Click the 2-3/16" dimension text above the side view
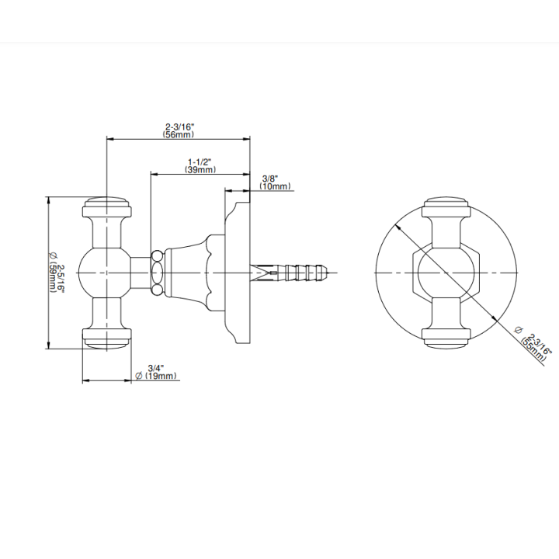pyautogui.click(x=179, y=127)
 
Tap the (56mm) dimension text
pyautogui.click(x=179, y=134)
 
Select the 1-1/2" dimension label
pyautogui.click(x=200, y=162)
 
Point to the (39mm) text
pyautogui.click(x=200, y=170)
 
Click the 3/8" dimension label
pyautogui.click(x=270, y=179)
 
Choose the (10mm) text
pyautogui.click(x=275, y=186)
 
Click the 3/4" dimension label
pyautogui.click(x=156, y=368)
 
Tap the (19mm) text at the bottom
pyautogui.click(x=161, y=376)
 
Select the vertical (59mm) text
pyautogui.click(x=53, y=278)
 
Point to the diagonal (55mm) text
pyautogui.click(x=533, y=350)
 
